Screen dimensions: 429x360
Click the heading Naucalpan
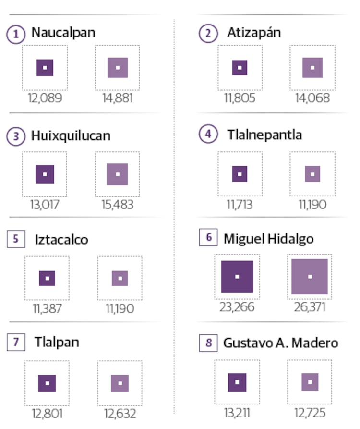pos(63,33)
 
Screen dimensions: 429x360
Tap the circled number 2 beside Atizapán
pos(208,34)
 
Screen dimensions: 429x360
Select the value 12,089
pos(45,98)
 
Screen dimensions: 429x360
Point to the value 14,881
pos(117,98)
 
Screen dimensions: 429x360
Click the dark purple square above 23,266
pos(237,277)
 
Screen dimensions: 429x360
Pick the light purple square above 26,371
pos(310,277)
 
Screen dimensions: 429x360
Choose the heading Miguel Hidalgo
pos(268,238)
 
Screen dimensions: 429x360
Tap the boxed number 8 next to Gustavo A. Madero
pos(208,343)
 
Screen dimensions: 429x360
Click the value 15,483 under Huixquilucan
pos(117,205)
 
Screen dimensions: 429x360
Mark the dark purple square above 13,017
pos(45,174)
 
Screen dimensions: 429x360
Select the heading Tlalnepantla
pos(264,135)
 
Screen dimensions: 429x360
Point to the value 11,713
pos(240,205)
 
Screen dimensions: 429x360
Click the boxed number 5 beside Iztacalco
pos(16,239)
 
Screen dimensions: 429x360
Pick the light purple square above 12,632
pos(120,383)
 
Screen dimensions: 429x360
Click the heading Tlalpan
pos(57,343)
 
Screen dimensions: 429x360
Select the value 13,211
pos(237,413)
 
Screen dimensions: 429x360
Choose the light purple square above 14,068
pos(312,68)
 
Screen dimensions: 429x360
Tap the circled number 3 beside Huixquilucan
pos(16,136)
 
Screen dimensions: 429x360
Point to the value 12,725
pos(310,413)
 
